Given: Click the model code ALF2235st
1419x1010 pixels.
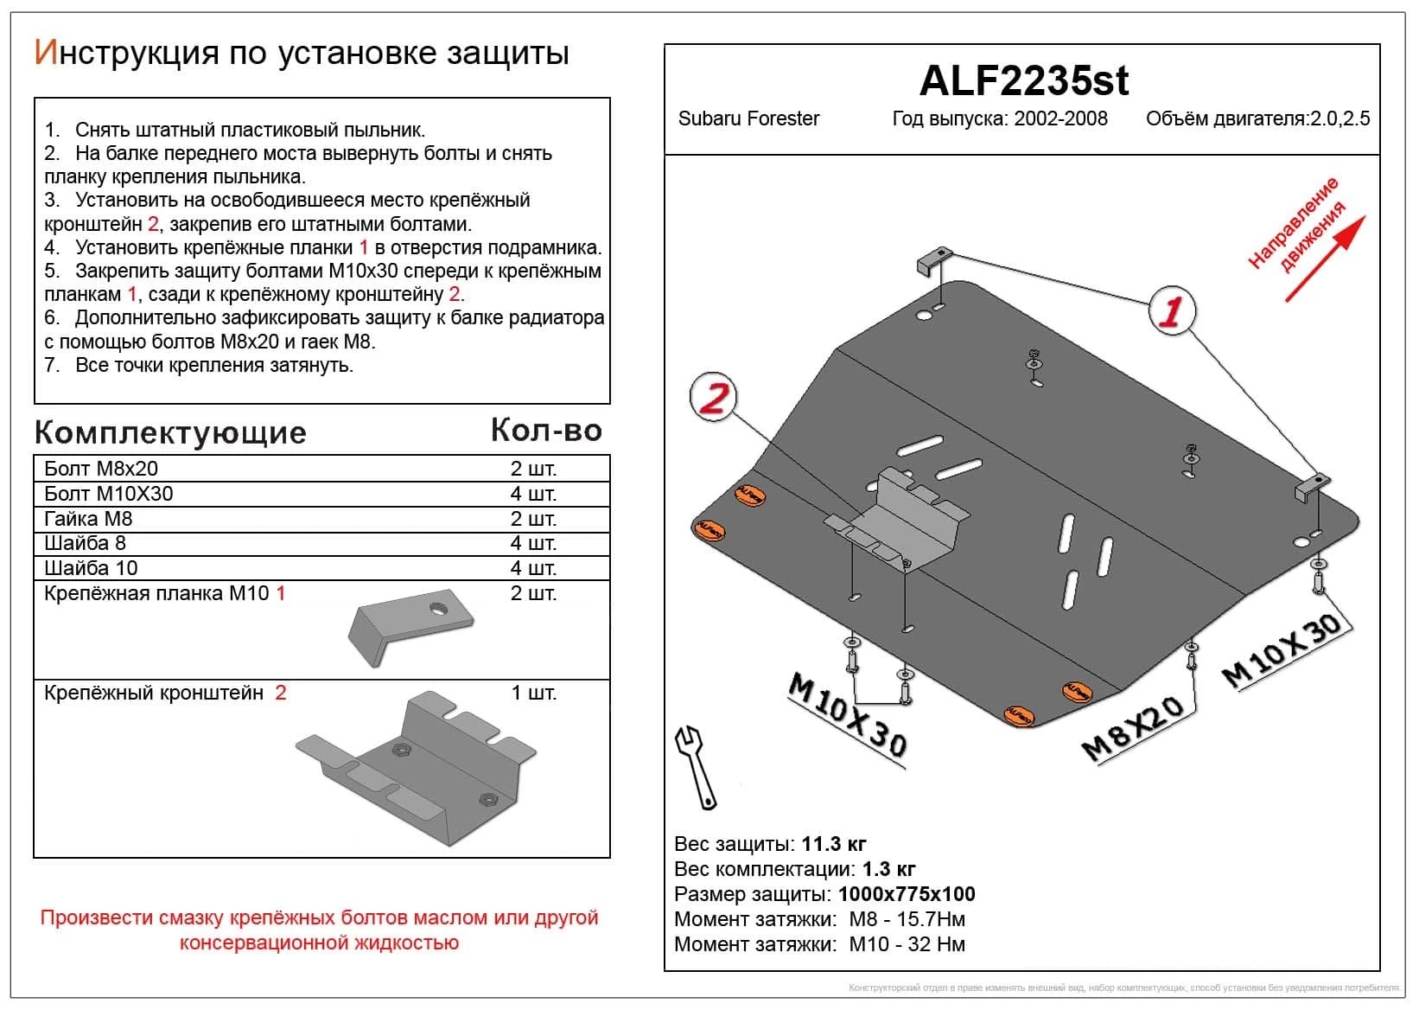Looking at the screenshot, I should coord(1023,81).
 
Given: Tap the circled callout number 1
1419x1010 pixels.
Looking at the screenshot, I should coord(1172,311).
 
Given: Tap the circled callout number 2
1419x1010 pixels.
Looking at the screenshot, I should coord(713,398).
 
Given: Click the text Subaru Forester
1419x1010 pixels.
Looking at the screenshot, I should coord(748,118).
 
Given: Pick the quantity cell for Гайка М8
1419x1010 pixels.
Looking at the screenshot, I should coord(532,519).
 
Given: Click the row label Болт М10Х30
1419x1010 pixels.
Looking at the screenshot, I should coord(109,494).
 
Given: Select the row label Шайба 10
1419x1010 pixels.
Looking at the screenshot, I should coord(91,568).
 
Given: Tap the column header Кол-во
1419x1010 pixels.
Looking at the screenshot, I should coord(545,431).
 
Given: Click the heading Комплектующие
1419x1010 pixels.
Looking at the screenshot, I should coord(170,432).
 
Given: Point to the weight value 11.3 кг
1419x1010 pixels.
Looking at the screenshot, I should coord(833,844).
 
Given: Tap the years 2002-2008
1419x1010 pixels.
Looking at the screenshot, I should coord(1060,118).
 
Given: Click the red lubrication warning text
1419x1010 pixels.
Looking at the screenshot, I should coord(319,930).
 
